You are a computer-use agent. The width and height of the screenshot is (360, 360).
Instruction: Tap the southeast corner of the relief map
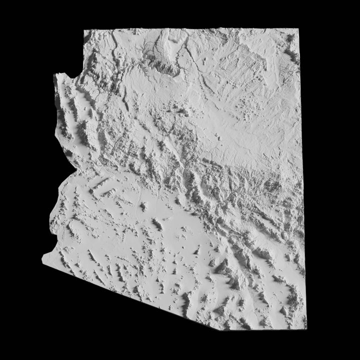pyautogui.click(x=305, y=328)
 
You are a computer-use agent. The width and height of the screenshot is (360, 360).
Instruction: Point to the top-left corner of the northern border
pyautogui.click(x=84, y=30)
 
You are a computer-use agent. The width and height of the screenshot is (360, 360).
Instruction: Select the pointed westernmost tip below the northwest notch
pyautogui.click(x=55, y=75)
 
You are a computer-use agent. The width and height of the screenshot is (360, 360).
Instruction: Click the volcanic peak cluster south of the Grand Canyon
pyautogui.click(x=177, y=107)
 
